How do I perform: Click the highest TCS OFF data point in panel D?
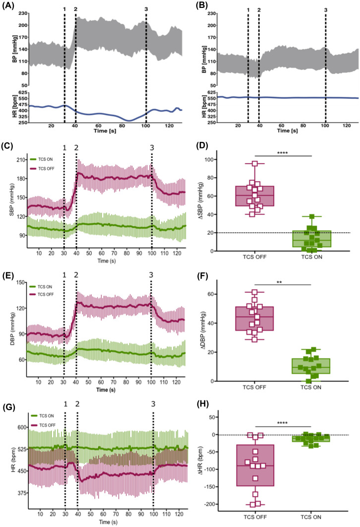tap(255, 164)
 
